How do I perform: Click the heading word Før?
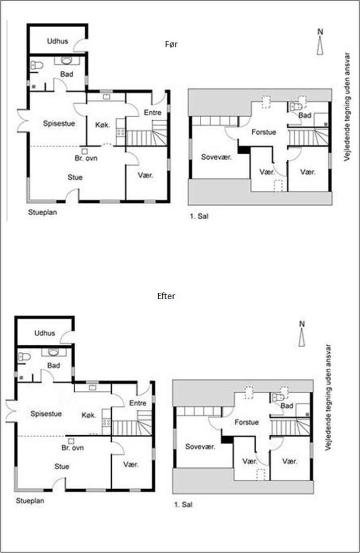(x=171, y=45)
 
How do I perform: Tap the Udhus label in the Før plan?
(x=57, y=41)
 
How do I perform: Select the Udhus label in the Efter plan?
(x=45, y=334)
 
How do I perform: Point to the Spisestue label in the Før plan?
(x=59, y=124)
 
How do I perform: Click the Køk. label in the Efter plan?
(x=89, y=414)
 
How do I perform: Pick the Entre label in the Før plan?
(x=153, y=113)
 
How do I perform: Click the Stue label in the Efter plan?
(x=62, y=466)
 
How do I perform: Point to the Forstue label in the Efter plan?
(x=247, y=422)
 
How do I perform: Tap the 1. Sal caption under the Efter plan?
(x=182, y=506)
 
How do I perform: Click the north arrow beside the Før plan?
(x=320, y=46)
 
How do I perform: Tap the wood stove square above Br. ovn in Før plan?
(x=85, y=151)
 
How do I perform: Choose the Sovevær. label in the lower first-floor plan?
(x=200, y=447)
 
